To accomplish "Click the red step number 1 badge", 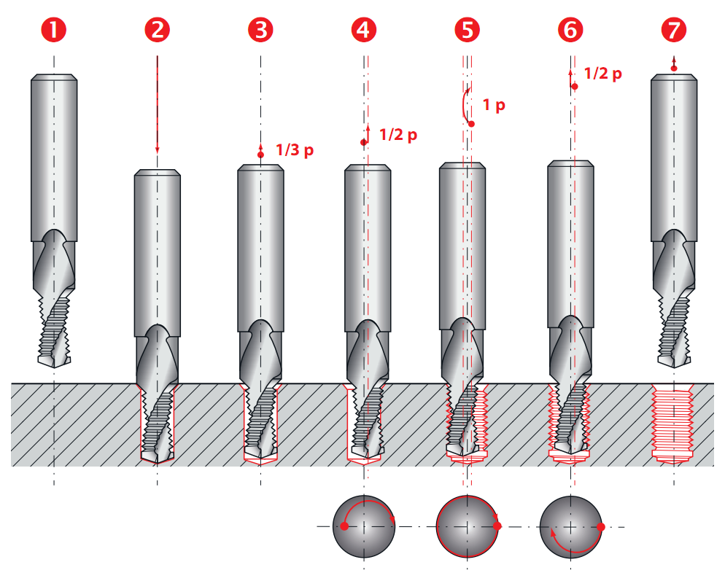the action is pos(54,30).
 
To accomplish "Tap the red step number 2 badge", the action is pos(158,30).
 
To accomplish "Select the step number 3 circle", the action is pos(261,30).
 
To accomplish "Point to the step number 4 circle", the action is pos(364,30).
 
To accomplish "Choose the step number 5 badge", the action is pos(468,30).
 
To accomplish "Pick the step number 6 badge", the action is pos(570,30).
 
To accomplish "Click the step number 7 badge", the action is pos(674,30).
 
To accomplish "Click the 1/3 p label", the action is pos(295,150).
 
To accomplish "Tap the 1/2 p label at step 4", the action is pos(398,135).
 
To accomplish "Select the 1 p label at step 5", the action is pos(494,106).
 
